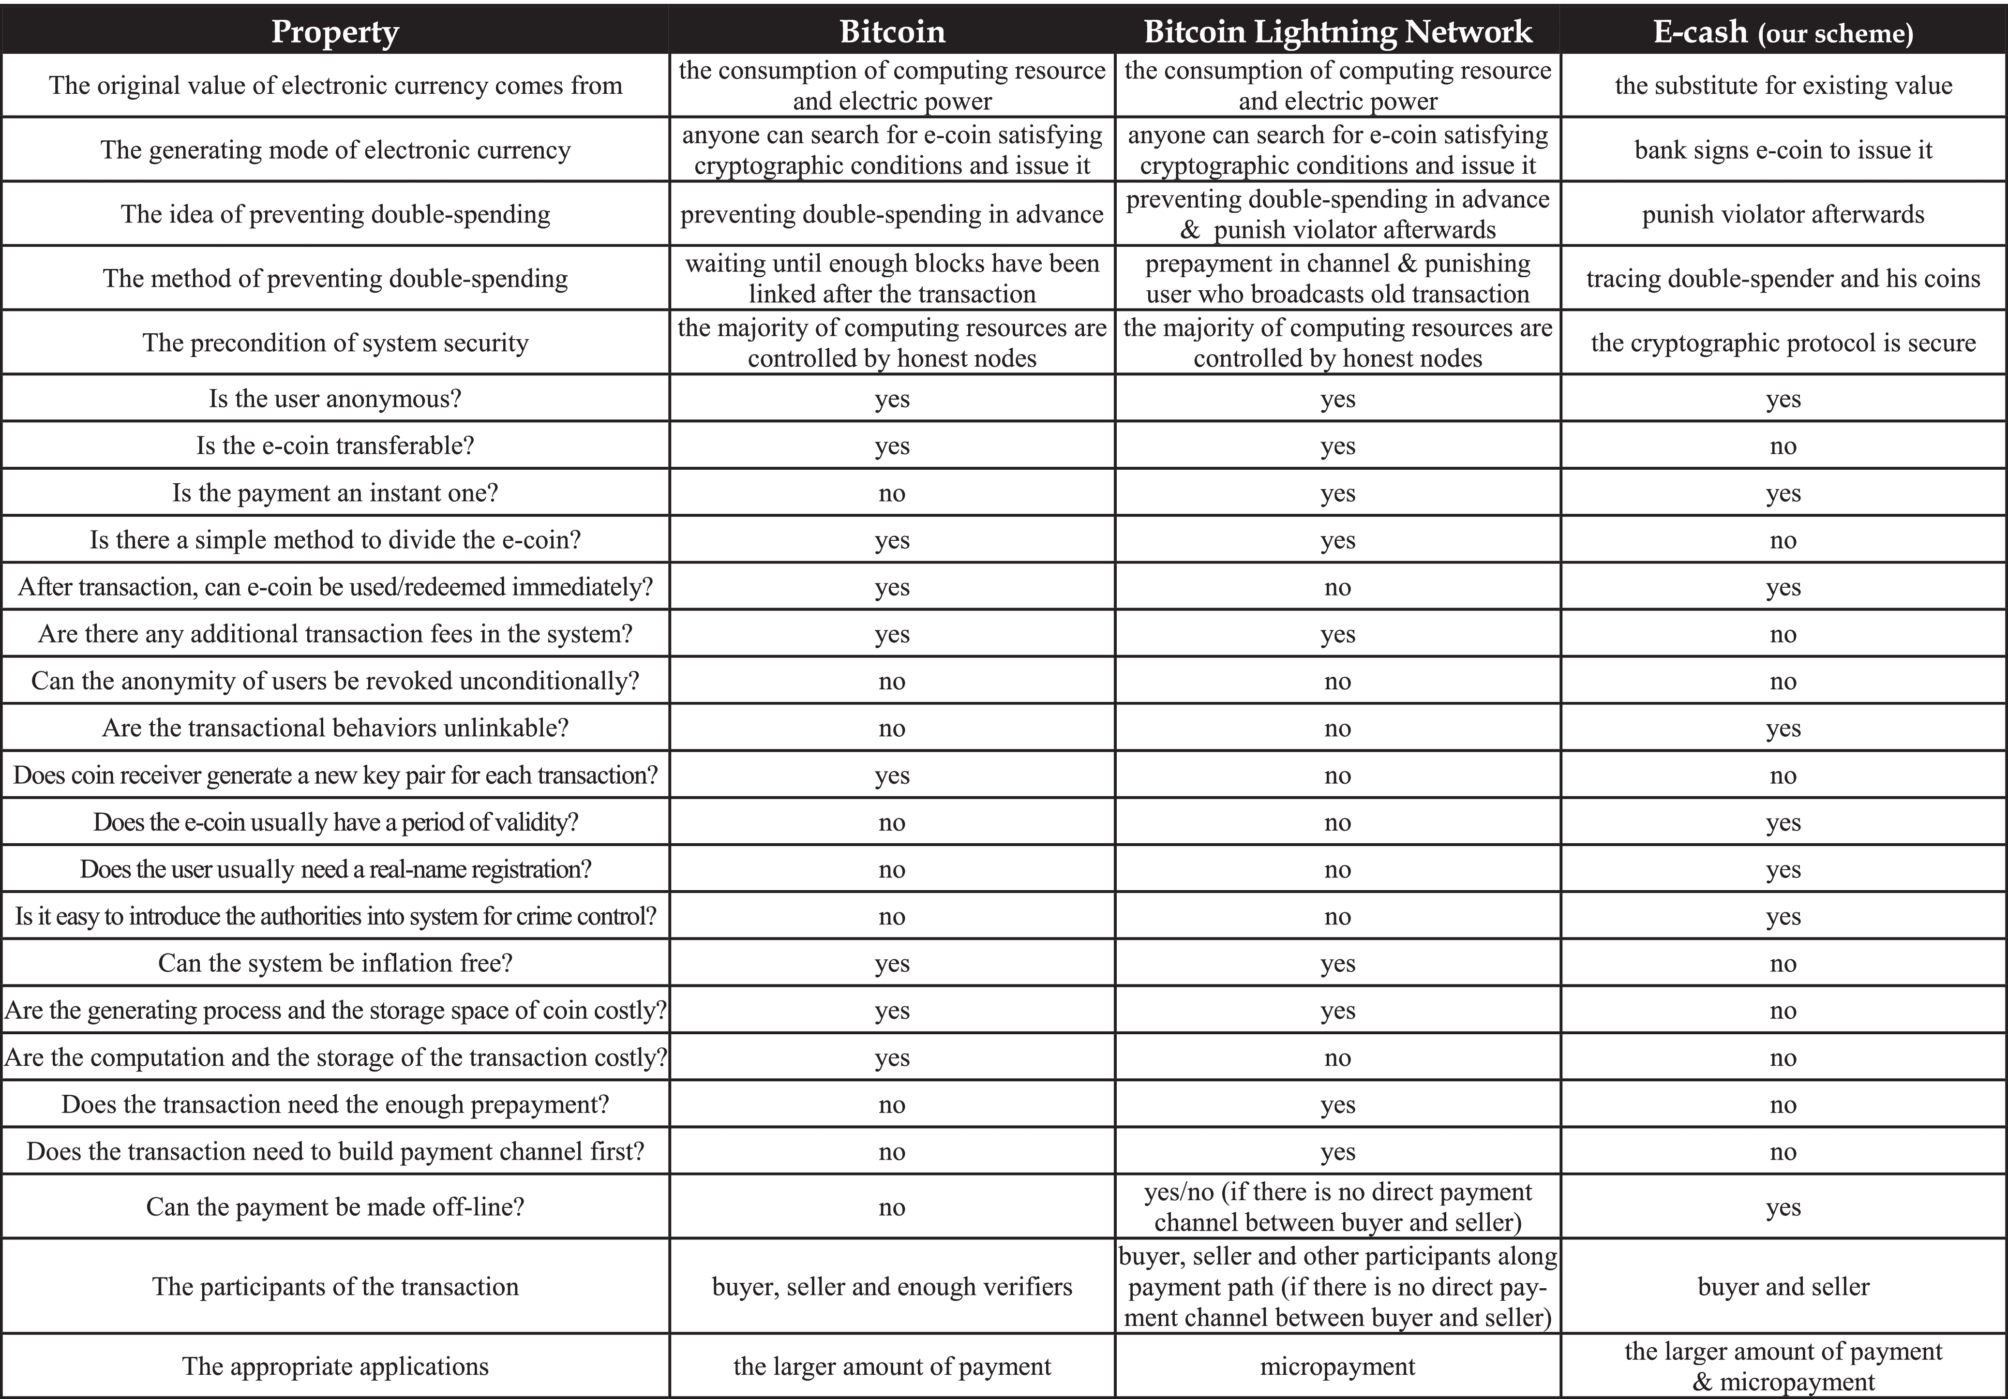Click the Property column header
point(335,31)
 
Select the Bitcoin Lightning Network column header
point(1337,31)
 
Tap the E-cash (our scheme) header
point(1783,31)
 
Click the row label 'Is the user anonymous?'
point(335,399)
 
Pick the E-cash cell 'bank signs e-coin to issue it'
point(1783,149)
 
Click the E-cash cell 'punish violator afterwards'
point(1783,214)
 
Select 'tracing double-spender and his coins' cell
point(1783,278)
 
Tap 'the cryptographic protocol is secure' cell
point(1783,343)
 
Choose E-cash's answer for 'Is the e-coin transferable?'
point(1783,446)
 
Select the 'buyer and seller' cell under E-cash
point(1783,1286)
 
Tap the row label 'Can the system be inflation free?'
point(335,963)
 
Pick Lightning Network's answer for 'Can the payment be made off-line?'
point(1337,1206)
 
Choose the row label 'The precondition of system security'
point(335,343)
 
